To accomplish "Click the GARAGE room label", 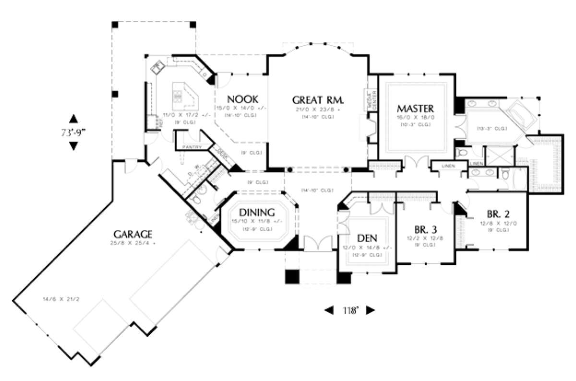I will coord(133,234).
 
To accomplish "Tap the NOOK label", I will coord(243,99).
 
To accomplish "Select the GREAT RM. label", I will coord(318,100).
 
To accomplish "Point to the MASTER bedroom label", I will coord(416,108).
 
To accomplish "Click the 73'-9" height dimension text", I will coord(73,132).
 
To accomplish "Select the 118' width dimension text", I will coord(350,310).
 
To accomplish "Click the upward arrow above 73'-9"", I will coord(73,118).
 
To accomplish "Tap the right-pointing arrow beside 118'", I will coord(370,310).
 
